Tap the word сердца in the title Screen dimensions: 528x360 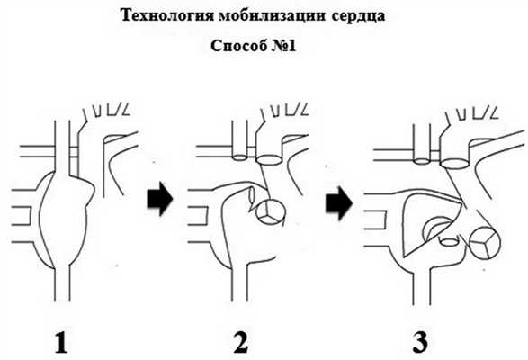358,16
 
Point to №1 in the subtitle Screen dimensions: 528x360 283,46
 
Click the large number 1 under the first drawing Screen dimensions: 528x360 61,343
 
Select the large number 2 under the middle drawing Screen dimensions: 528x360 240,343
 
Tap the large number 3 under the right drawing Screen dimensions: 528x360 420,343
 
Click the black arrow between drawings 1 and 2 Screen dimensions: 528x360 159,199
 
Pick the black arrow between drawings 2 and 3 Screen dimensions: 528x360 339,203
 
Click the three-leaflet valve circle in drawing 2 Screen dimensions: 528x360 271,212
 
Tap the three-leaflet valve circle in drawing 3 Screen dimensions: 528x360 485,243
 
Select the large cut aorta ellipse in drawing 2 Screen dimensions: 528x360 269,159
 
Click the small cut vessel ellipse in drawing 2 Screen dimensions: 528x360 240,157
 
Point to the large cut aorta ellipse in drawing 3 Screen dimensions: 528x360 454,164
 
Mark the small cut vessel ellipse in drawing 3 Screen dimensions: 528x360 422,161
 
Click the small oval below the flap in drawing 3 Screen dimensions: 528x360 449,241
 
